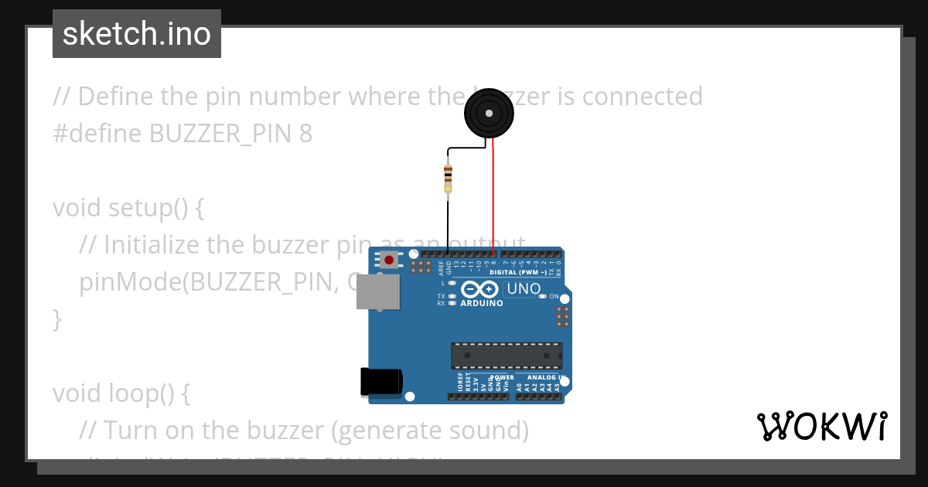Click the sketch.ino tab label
click(x=137, y=34)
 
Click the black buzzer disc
click(x=489, y=113)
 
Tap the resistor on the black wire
click(x=448, y=179)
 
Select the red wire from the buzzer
click(x=493, y=193)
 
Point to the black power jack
click(x=380, y=381)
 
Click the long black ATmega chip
click(x=507, y=355)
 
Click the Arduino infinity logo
click(x=480, y=291)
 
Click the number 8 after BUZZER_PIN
click(x=305, y=134)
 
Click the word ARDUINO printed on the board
click(x=481, y=303)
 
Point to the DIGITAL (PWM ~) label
click(x=519, y=273)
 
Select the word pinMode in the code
click(x=128, y=282)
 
